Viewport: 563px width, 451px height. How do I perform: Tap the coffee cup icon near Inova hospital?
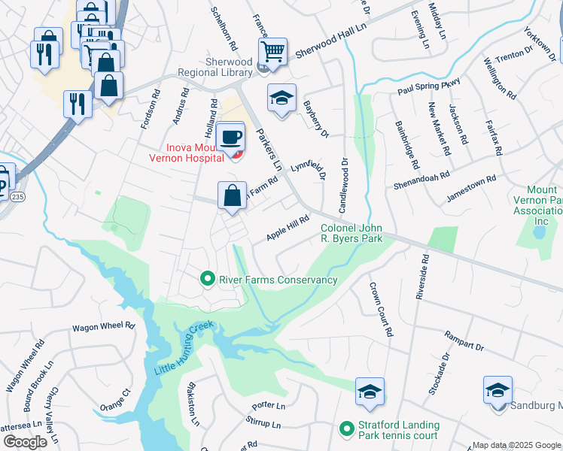(x=230, y=137)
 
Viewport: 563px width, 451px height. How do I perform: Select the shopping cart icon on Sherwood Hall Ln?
(x=272, y=52)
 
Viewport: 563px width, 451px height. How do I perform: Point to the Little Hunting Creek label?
(x=184, y=349)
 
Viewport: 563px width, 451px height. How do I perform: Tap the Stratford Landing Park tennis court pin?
(x=346, y=429)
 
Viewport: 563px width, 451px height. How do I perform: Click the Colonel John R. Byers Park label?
(x=352, y=234)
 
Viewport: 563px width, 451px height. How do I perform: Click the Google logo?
(x=25, y=442)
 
